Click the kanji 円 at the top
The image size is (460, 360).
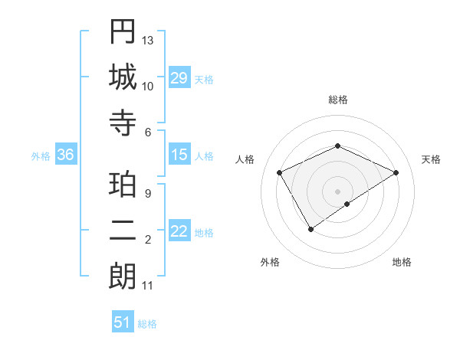click(123, 33)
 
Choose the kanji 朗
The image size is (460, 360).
click(123, 277)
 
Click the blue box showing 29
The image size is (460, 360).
click(179, 78)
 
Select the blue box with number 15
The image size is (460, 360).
click(179, 155)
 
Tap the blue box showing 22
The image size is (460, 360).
click(179, 231)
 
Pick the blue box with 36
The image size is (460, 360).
click(66, 155)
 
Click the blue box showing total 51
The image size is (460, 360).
click(123, 322)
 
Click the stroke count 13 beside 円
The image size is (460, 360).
click(148, 39)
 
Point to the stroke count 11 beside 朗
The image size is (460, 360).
click(148, 286)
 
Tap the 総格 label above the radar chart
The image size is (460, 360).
click(337, 100)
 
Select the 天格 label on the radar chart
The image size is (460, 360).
click(431, 159)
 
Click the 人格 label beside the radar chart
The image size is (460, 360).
click(245, 159)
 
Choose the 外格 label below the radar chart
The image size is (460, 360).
click(270, 262)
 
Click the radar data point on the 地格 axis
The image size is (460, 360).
click(347, 204)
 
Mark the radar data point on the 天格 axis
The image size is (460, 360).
click(396, 173)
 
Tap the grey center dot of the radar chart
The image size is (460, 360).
click(337, 191)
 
